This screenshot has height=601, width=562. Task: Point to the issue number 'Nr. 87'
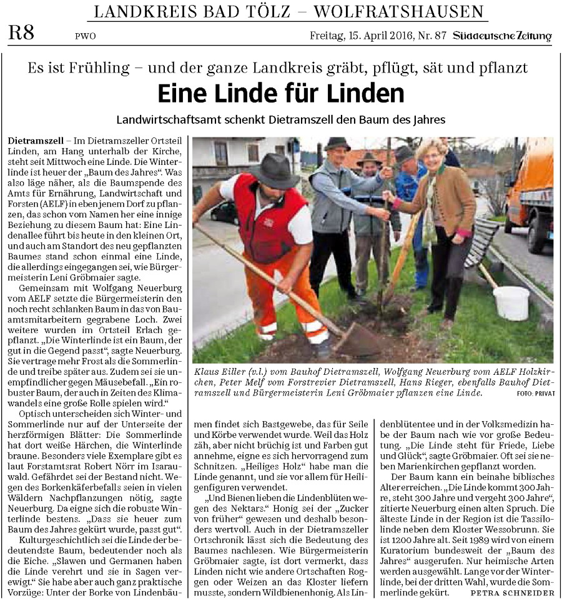click(x=431, y=36)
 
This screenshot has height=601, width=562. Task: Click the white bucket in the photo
click(x=511, y=302)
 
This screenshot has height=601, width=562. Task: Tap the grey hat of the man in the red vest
click(x=273, y=170)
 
